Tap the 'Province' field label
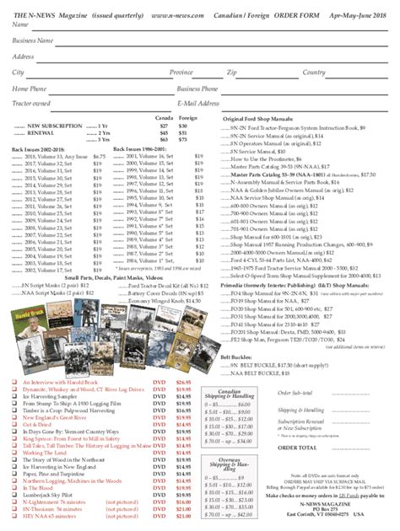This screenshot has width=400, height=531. (181, 72)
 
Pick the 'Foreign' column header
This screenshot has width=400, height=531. (188, 117)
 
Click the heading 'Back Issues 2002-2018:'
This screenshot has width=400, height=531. (39, 148)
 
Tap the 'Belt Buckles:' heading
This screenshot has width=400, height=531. (239, 333)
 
